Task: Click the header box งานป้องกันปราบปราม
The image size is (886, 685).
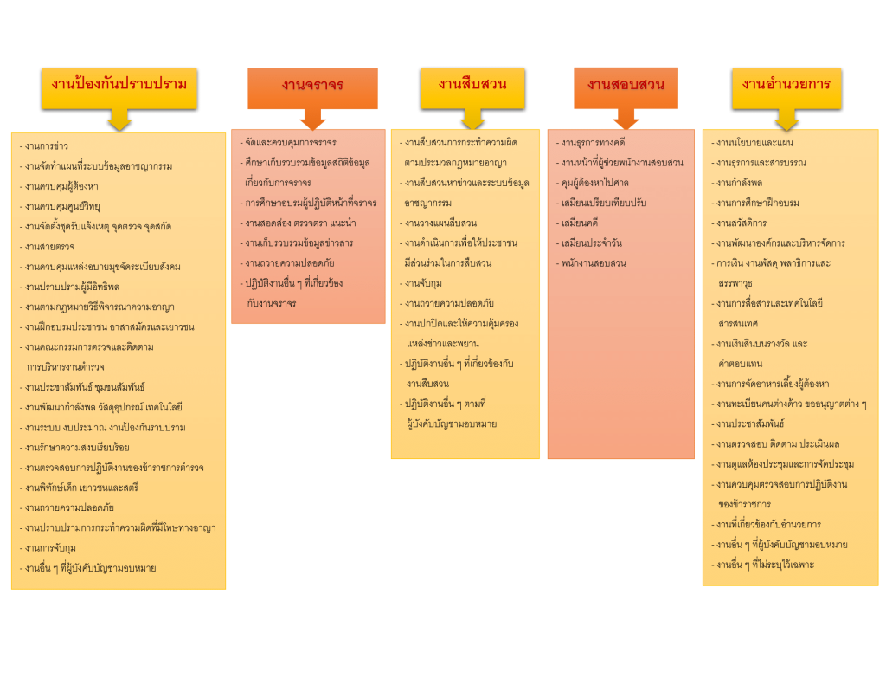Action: coord(119,85)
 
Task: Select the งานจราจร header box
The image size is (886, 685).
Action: coord(312,85)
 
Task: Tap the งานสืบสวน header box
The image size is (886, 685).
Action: coord(472,85)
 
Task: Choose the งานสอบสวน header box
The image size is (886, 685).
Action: coord(626,85)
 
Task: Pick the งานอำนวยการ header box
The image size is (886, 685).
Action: coord(786,85)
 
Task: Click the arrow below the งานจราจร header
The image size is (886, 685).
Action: coord(312,119)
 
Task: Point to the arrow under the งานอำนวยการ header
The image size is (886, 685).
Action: coord(786,120)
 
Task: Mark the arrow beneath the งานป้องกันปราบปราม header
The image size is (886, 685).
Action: coord(119,120)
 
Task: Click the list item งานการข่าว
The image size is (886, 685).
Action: coord(47,146)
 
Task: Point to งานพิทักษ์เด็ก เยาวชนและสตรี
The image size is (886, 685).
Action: coord(81,488)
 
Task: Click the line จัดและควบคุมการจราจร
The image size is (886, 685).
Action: coord(290,142)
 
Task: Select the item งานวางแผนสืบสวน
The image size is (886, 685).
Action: coord(440,223)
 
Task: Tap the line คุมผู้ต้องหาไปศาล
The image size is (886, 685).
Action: coord(594,182)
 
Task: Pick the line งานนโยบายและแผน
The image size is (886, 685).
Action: coord(754,143)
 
